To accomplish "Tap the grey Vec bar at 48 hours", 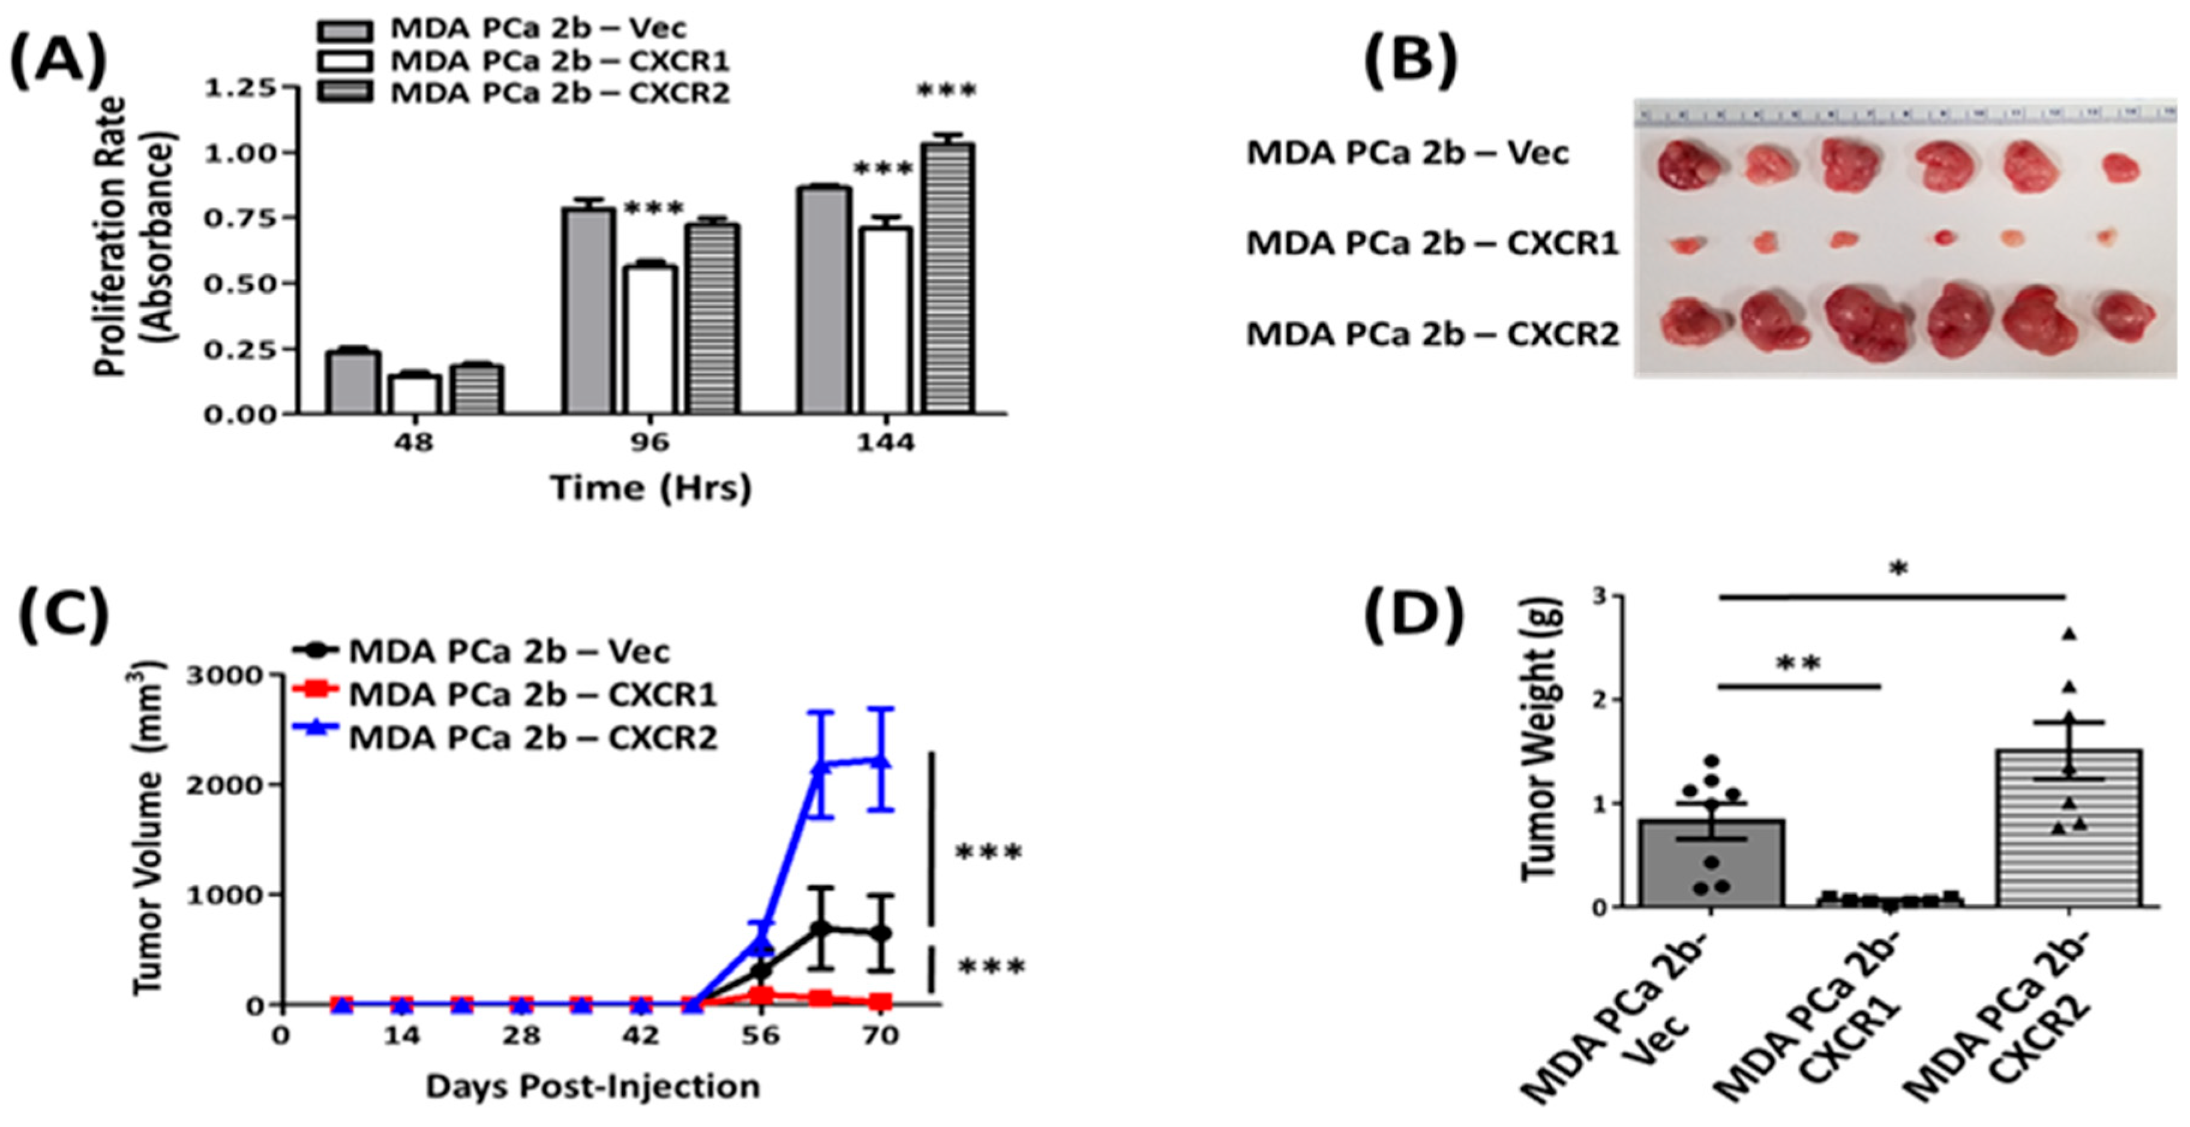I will pos(353,382).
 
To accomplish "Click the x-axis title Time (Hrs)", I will pos(651,488).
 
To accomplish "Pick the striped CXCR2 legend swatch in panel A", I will pos(345,92).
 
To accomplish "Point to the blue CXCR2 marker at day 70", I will pos(881,760).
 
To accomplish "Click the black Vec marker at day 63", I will pos(820,928).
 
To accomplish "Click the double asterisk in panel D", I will pos(1799,663).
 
